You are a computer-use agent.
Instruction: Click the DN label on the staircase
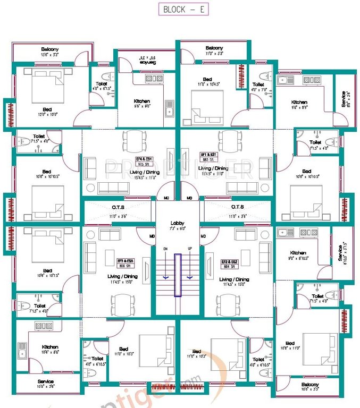(x=165, y=249)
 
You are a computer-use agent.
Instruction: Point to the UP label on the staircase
(x=190, y=249)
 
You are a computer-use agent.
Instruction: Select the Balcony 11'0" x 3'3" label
(x=214, y=50)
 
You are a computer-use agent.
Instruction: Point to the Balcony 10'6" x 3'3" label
(x=310, y=387)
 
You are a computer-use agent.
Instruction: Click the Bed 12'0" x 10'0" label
(x=47, y=111)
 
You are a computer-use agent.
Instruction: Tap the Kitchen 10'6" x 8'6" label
(x=50, y=350)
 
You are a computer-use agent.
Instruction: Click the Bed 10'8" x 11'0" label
(x=290, y=346)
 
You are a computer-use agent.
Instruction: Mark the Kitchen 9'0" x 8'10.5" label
(x=298, y=255)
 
